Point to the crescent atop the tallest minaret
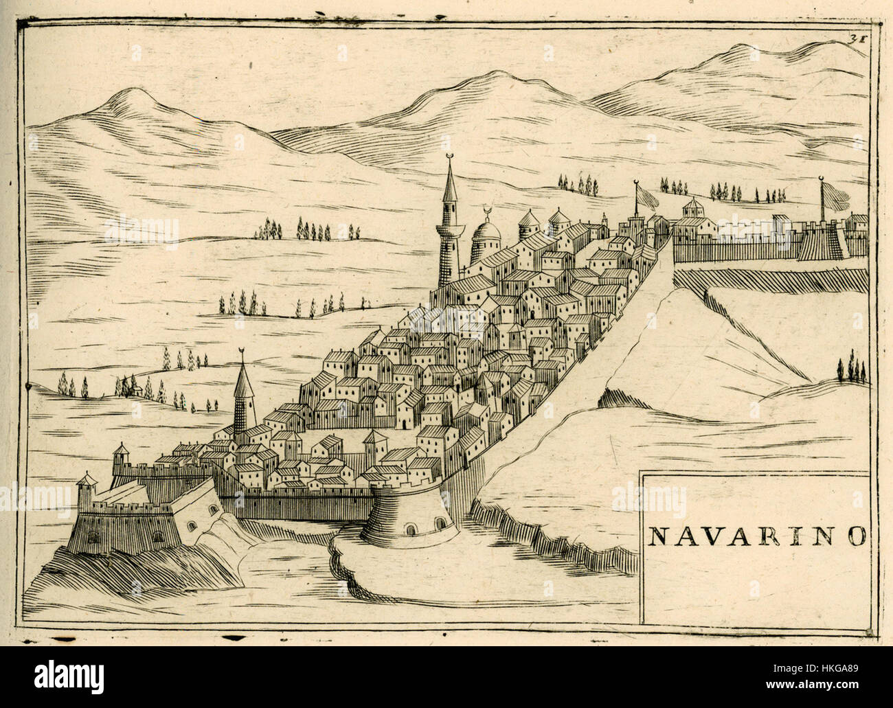pyautogui.click(x=451, y=159)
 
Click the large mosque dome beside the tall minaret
pyautogui.click(x=486, y=239)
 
